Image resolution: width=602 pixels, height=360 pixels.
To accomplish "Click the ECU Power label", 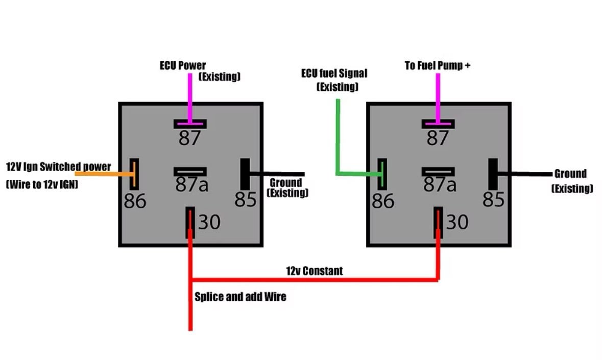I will pos(182,66).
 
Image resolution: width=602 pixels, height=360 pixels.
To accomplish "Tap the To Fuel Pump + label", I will pos(437,66).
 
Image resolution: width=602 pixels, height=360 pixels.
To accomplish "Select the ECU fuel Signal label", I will pos(334,74).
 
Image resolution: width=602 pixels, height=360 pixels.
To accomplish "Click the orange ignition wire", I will pos(102,174).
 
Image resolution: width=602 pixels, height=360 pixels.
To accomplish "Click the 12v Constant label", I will pos(314,271).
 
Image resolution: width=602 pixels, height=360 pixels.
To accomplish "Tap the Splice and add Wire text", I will pos(240,297).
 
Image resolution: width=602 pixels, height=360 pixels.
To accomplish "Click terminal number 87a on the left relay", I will pos(191,185).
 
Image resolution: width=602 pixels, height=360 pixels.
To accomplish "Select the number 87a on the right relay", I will pos(440,185).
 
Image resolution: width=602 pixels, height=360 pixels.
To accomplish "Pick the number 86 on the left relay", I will pos(135,201).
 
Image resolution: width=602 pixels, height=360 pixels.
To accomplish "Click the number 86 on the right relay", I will pos(383,201).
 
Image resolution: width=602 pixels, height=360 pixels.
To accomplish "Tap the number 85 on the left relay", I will pos(246,200).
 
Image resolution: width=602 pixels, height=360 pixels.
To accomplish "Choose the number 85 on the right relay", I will pos(494,200).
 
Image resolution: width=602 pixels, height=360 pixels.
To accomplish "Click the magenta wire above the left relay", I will pos(190,97).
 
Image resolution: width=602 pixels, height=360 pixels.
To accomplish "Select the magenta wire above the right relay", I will pos(438,97).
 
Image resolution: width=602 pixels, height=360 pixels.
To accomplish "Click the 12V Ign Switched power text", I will pos(58,167).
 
